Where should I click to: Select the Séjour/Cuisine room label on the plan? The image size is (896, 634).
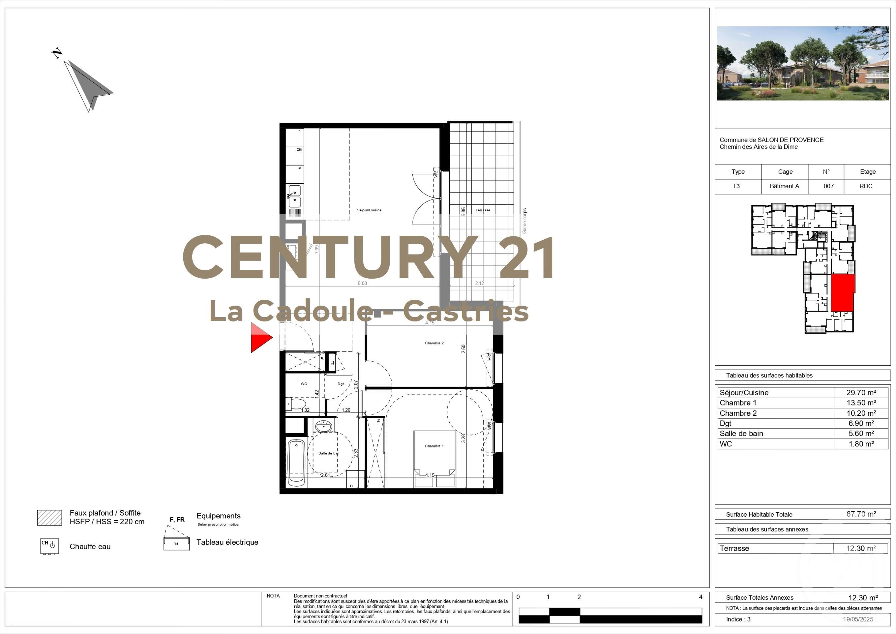pos(369,210)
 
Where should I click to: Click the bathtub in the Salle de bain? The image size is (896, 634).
pos(296,463)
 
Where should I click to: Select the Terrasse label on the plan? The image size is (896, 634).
pos(483,210)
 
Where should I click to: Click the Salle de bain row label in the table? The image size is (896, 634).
pos(741,433)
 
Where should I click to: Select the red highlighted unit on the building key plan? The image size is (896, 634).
pos(843,293)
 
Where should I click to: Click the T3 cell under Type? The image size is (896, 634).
pos(736,186)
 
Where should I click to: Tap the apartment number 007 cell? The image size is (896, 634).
pos(828,186)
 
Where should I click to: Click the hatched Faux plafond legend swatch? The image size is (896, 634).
pos(49,518)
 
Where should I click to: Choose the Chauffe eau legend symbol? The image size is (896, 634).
pos(49,546)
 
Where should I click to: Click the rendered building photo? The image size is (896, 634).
pos(802,63)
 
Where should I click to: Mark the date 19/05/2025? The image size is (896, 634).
pos(858,619)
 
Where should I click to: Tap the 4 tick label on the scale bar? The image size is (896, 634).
pos(701,597)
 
